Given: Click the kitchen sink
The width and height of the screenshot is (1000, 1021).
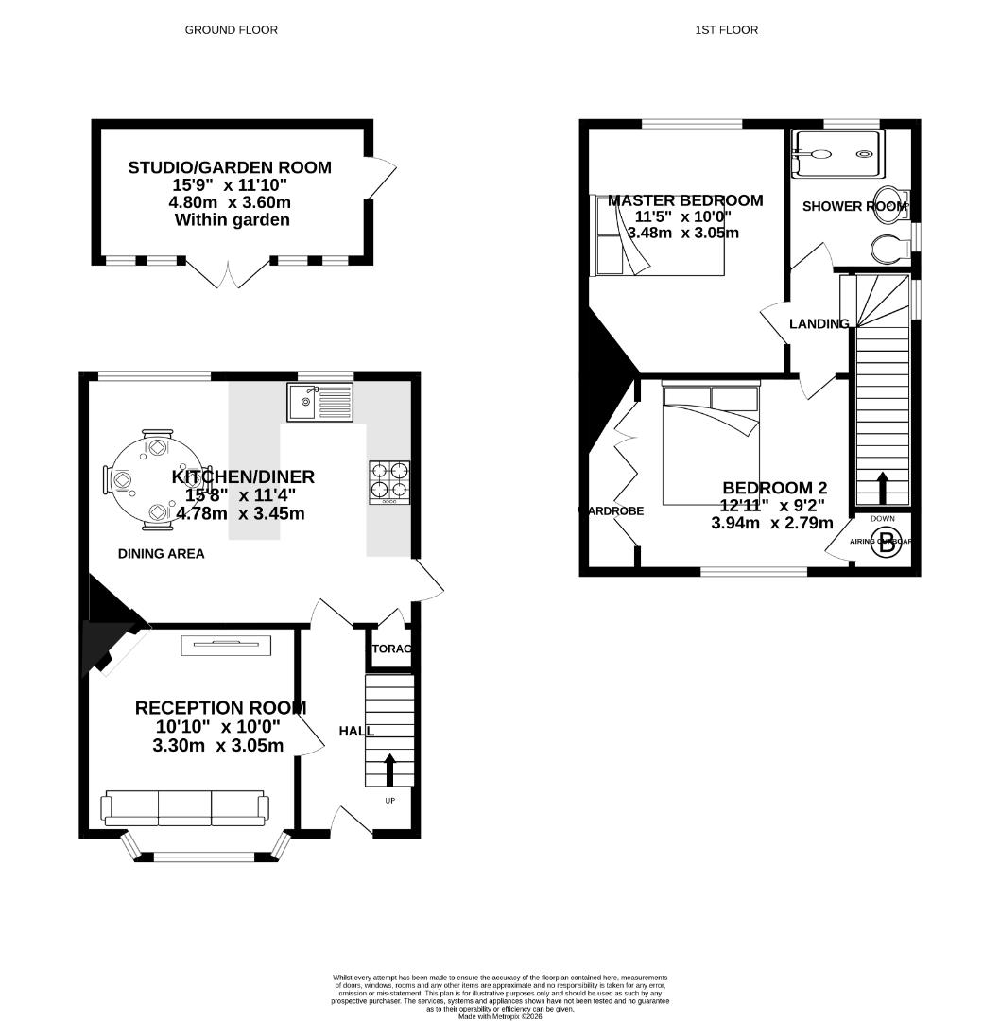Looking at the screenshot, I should coord(319,402).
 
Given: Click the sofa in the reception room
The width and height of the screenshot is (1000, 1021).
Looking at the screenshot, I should coord(184,805).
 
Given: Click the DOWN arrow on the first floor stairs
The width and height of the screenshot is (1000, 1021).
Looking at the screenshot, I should coord(883,489).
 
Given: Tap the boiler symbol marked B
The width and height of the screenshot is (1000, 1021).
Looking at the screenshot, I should coord(887,544).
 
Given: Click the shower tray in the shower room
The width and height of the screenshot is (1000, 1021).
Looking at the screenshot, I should coord(836,153).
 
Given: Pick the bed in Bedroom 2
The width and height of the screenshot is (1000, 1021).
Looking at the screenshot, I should coord(711,444).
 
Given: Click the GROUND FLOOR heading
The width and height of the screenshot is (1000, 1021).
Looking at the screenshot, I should coord(231,30).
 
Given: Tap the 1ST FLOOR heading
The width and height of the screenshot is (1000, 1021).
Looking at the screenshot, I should coord(726,30).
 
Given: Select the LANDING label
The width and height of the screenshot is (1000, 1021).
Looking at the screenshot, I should coord(819,324).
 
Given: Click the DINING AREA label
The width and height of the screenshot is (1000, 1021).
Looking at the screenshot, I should coord(162,554).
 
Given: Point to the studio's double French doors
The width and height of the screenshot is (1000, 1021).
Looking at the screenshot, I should coord(228,273).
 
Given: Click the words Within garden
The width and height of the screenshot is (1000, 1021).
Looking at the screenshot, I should coord(232,220).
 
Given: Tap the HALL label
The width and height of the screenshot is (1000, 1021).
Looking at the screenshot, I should coord(356,731).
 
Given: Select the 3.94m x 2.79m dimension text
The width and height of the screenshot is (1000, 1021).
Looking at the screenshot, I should coord(772,523).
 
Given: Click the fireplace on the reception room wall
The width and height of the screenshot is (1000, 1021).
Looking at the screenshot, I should coord(227,645).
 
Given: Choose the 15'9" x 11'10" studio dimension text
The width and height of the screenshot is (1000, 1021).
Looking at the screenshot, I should coord(230,185).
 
